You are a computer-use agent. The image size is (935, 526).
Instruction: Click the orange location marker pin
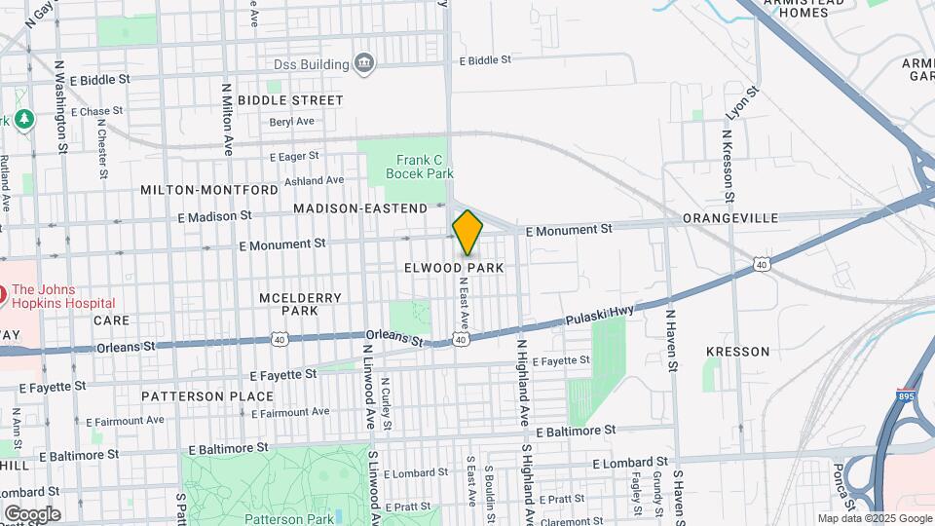(x=467, y=232)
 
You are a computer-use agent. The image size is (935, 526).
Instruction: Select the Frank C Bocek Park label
(x=420, y=167)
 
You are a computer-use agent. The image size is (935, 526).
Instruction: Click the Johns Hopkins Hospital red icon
(x=3, y=291)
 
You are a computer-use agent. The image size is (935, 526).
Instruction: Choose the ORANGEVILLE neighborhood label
(x=730, y=218)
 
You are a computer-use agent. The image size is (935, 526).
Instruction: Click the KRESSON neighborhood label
(x=737, y=352)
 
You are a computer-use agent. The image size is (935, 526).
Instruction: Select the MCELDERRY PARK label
(x=287, y=303)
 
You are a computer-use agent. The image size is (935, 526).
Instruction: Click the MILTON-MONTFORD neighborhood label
(x=209, y=189)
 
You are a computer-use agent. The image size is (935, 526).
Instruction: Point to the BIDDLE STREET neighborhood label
(x=290, y=100)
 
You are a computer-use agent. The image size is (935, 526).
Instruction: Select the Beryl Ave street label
(x=292, y=122)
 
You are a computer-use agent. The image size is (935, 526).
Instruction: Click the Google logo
(x=31, y=513)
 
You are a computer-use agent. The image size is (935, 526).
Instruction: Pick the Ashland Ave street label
(x=314, y=180)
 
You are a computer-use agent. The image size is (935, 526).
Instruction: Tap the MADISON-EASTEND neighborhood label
(x=360, y=208)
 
